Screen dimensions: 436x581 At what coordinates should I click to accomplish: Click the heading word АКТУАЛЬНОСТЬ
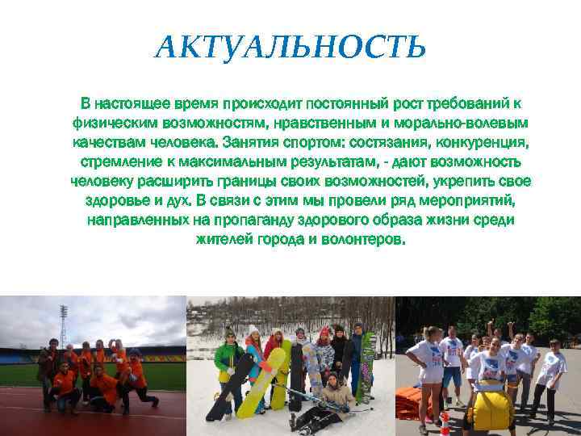click(x=290, y=48)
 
